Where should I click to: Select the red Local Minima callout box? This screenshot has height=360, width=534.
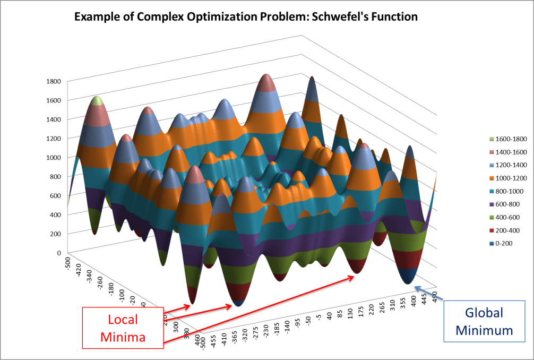[x=123, y=327]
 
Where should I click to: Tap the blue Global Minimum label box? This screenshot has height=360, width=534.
[x=484, y=321]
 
